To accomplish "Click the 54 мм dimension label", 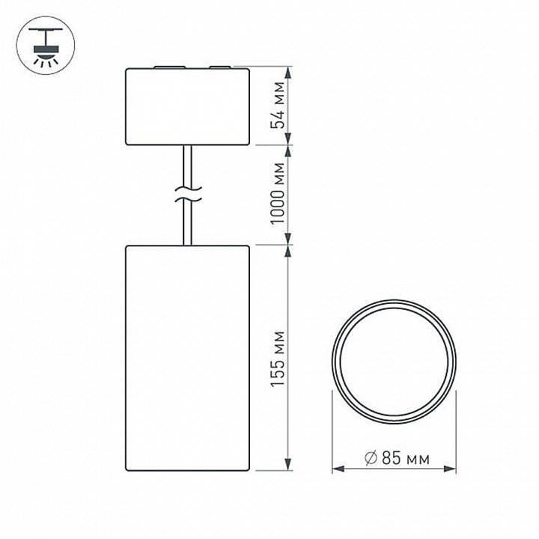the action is pyautogui.click(x=278, y=106).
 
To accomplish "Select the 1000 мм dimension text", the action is pyautogui.click(x=278, y=194).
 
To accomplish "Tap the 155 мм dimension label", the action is pyautogui.click(x=278, y=359).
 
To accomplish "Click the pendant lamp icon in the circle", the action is pyautogui.click(x=46, y=45).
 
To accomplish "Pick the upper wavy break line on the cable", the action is pyautogui.click(x=188, y=189).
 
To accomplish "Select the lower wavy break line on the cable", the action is pyautogui.click(x=188, y=199).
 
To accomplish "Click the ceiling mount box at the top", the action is pyautogui.click(x=187, y=106).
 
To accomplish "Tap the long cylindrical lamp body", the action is pyautogui.click(x=187, y=358).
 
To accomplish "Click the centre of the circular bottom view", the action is pyautogui.click(x=395, y=362).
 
